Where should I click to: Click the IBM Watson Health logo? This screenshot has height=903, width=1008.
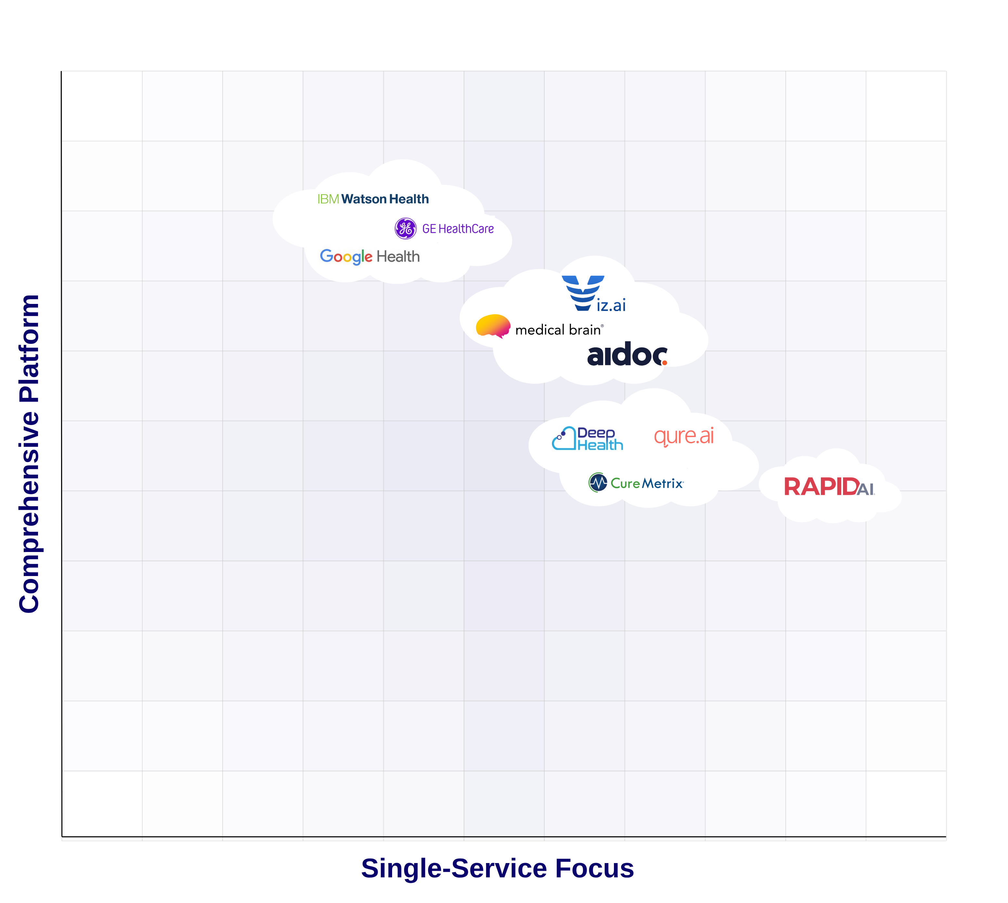(373, 199)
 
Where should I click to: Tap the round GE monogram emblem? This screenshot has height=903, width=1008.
(405, 228)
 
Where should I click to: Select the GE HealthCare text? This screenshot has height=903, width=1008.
(458, 229)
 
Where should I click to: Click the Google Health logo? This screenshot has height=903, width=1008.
(370, 257)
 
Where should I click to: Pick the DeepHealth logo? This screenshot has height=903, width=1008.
(588, 439)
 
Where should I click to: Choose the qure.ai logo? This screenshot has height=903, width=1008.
(683, 436)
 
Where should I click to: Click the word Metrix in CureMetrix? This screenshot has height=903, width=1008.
(662, 483)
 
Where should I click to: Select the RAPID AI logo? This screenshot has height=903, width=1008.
(828, 487)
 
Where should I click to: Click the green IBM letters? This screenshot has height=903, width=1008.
(328, 199)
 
